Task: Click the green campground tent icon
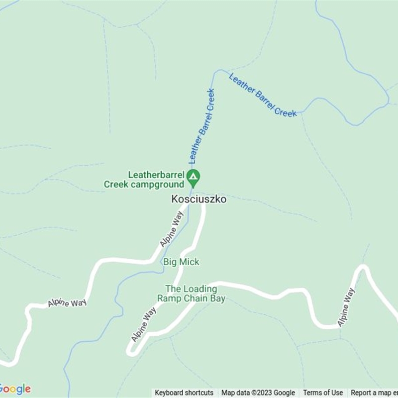(x=193, y=176)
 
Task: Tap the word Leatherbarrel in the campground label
(x=156, y=175)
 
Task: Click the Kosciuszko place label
(x=199, y=199)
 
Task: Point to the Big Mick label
(x=181, y=262)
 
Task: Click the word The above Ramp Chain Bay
(x=172, y=289)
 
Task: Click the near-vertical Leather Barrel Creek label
(x=201, y=126)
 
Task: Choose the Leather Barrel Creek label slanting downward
(x=263, y=95)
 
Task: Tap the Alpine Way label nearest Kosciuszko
(x=172, y=229)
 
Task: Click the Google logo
(x=15, y=389)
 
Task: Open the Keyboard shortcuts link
(x=184, y=393)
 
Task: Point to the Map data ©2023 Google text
(x=258, y=393)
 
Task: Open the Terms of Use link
(x=323, y=393)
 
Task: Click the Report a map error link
(x=374, y=393)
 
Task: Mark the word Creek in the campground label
(x=115, y=185)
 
